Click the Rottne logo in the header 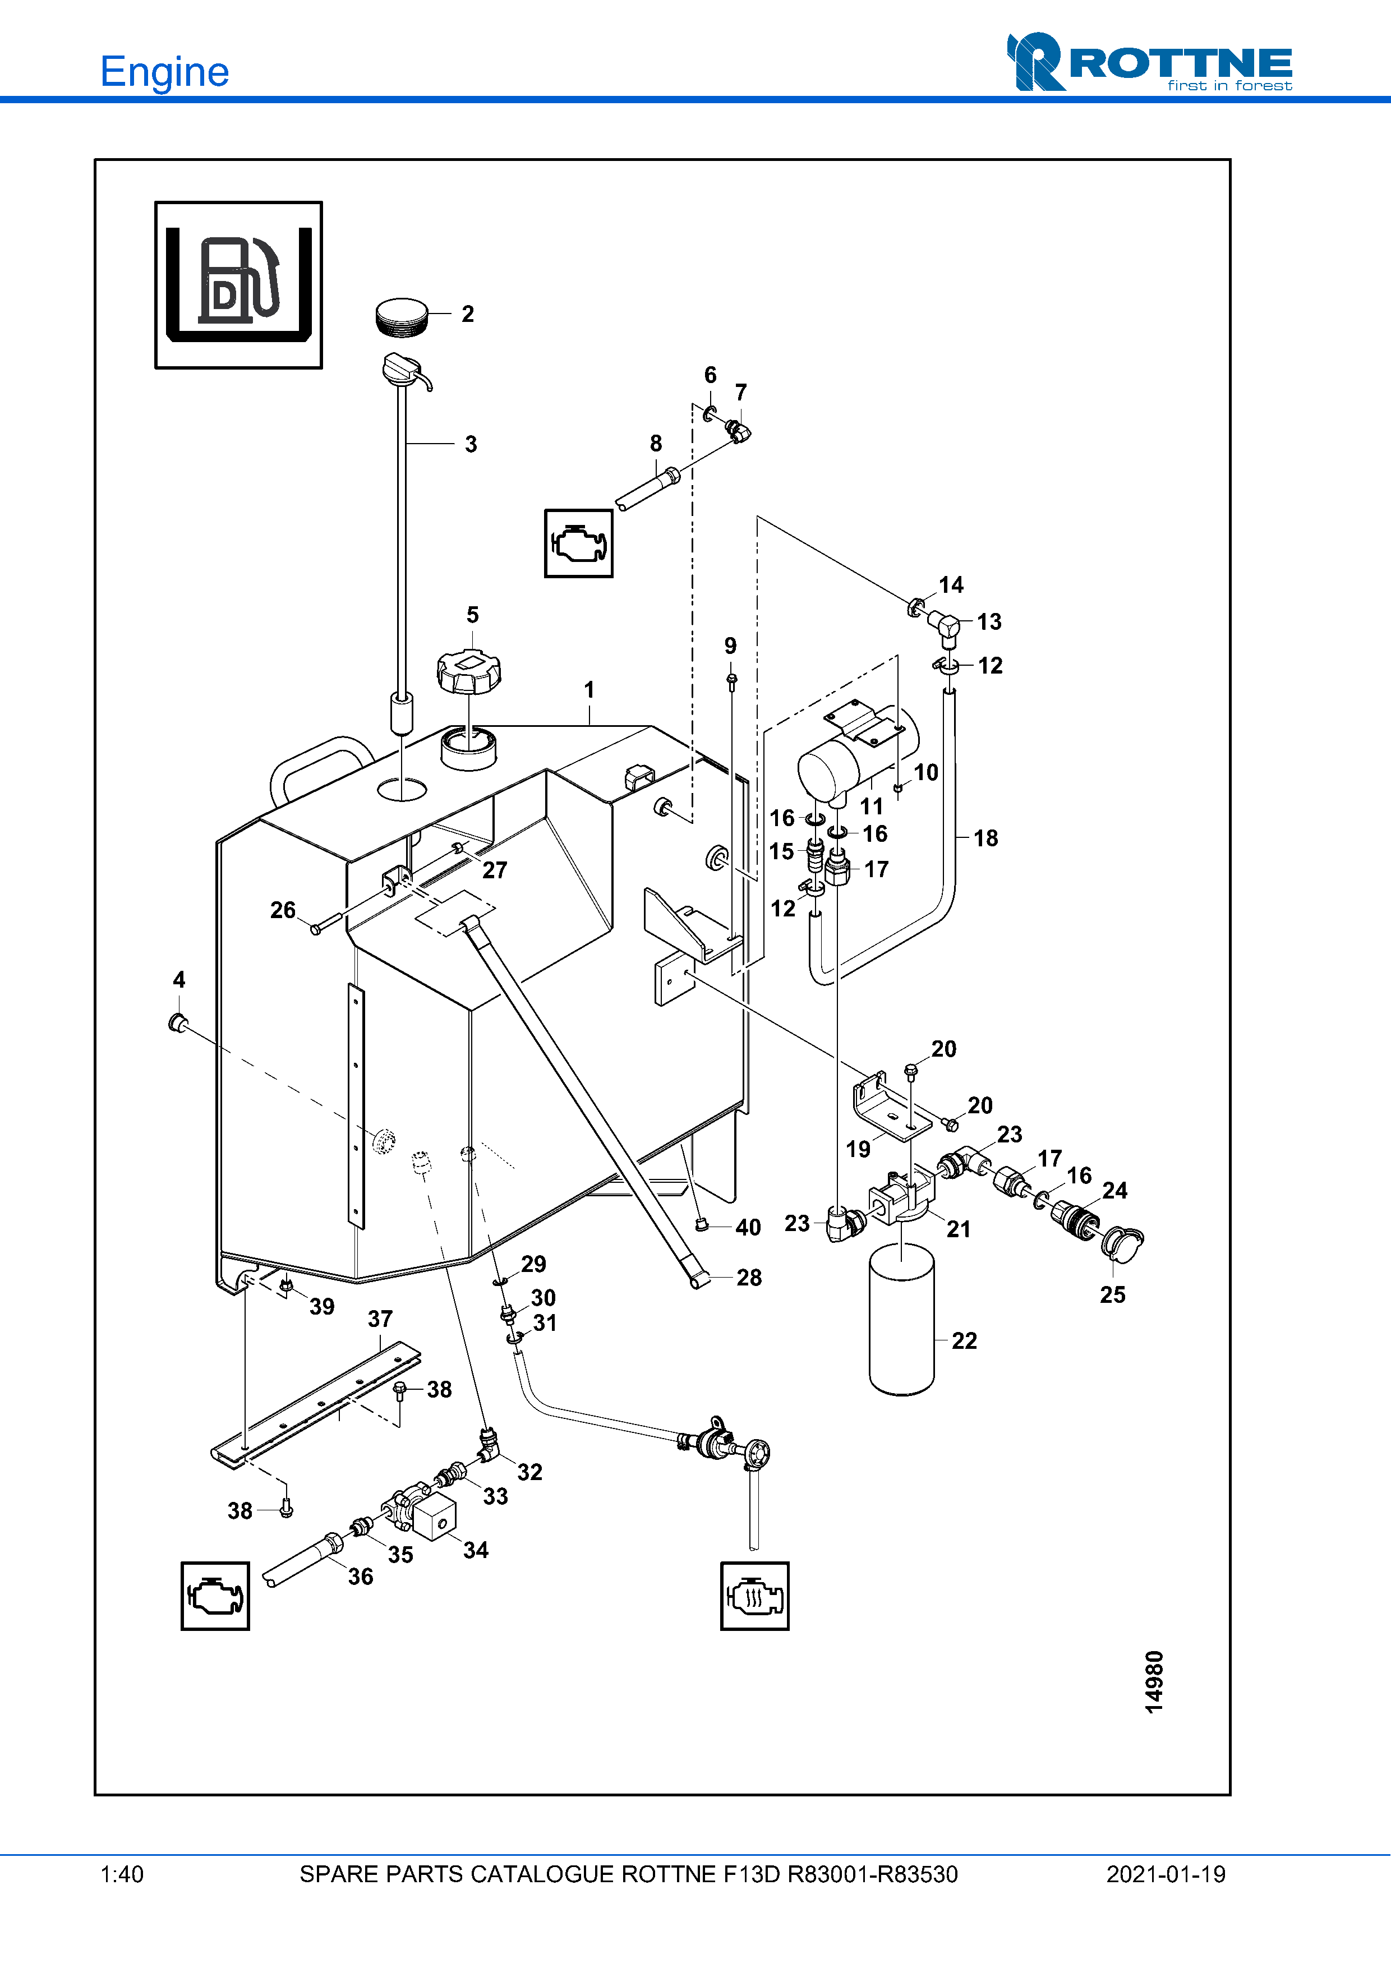(x=1149, y=62)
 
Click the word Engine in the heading (x=164, y=72)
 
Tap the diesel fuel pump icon (x=238, y=284)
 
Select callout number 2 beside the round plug (x=467, y=314)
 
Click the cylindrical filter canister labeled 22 (x=901, y=1320)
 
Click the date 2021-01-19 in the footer (x=1166, y=1874)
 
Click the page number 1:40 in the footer (x=122, y=1874)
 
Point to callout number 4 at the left (x=179, y=980)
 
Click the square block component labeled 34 (x=435, y=1517)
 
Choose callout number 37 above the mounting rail (x=380, y=1319)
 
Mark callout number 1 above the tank (x=589, y=690)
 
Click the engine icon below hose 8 (x=578, y=543)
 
